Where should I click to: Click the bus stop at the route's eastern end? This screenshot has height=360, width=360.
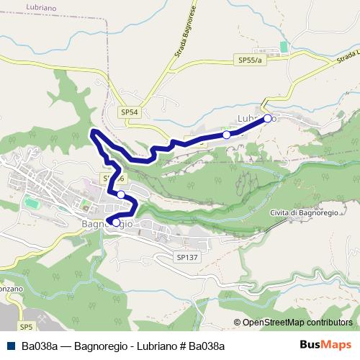click(267, 118)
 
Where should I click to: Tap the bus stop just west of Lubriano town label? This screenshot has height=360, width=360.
click(227, 135)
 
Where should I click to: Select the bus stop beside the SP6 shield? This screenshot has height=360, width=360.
click(121, 194)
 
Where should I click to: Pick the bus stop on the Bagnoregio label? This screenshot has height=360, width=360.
click(116, 222)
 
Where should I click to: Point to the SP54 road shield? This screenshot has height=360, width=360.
click(130, 112)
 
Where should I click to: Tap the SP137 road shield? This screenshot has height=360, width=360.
click(186, 256)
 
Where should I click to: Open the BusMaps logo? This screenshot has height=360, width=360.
click(326, 345)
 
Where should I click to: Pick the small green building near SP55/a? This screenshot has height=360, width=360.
click(284, 47)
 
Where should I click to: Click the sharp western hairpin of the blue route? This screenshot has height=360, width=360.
click(91, 132)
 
